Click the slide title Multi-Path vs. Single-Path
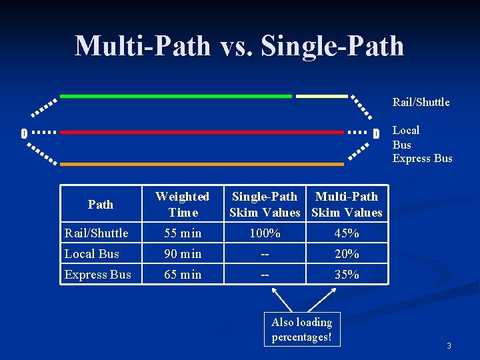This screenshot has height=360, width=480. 239,46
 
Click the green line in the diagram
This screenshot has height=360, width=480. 176,96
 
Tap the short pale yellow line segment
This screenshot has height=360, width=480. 322,96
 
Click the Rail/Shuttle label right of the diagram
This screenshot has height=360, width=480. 421,102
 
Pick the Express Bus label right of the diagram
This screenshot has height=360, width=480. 422,158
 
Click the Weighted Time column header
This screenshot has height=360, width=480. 182,204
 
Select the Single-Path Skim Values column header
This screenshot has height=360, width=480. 265,204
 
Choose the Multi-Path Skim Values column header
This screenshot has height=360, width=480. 347,204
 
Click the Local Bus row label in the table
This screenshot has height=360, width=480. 92,254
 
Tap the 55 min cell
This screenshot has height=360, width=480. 182,233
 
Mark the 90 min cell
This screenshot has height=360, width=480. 182,254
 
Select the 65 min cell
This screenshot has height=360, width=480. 182,275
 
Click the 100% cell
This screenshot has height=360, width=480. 265,233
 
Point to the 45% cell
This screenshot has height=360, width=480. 347,233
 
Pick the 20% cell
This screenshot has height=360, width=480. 347,254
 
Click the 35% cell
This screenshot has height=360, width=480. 347,275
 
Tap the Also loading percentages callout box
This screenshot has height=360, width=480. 301,329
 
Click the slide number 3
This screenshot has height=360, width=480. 449,346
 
